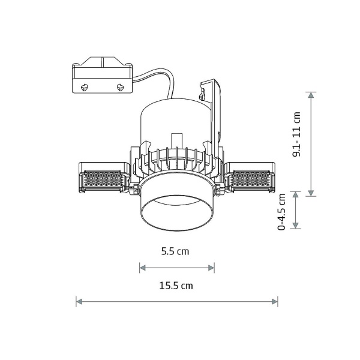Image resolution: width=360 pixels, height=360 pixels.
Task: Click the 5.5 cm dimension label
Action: [175, 251]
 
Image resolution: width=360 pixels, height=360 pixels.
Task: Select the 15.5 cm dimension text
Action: [176, 286]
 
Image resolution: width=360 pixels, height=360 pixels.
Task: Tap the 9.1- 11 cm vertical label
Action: [296, 134]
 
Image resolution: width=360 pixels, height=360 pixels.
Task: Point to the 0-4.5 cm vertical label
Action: [281, 212]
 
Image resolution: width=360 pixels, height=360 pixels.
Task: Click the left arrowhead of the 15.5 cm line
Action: [79, 301]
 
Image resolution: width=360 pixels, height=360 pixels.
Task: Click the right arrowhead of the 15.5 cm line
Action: [275, 301]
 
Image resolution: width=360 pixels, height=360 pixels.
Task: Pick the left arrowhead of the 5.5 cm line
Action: [143, 268]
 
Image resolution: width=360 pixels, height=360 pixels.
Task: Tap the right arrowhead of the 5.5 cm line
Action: [211, 268]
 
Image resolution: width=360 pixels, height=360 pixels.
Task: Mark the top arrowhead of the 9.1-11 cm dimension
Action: [311, 95]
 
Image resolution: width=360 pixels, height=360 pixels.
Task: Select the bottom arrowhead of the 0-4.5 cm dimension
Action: [296, 226]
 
